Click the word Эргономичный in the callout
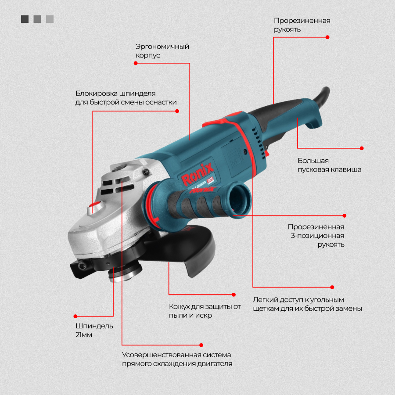pyautogui.click(x=162, y=47)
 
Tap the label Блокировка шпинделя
pyautogui.click(x=115, y=93)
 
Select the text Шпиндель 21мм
pyautogui.click(x=94, y=330)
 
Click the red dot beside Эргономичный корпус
pyautogui.click(x=136, y=63)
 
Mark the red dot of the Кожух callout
pyautogui.click(x=233, y=294)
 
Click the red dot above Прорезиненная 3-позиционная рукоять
pyautogui.click(x=345, y=215)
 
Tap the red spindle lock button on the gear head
pyautogui.click(x=94, y=204)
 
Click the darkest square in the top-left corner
pyautogui.click(x=25, y=19)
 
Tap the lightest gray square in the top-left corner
pyautogui.click(x=50, y=19)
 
